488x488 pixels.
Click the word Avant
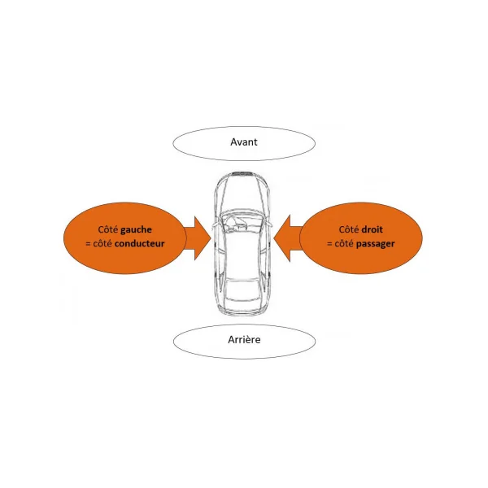244,142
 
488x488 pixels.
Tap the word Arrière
244,339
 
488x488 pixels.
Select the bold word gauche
136,230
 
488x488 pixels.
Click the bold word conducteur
139,243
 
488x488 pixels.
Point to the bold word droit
372,229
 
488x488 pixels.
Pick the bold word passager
375,244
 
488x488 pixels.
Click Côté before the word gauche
108,229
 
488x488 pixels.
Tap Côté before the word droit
349,229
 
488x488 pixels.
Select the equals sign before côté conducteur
88,244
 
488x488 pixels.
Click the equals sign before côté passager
329,244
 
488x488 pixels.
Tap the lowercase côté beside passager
344,244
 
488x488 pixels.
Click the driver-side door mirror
215,225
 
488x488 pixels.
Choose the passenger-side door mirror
268,224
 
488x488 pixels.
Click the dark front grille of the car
242,173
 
